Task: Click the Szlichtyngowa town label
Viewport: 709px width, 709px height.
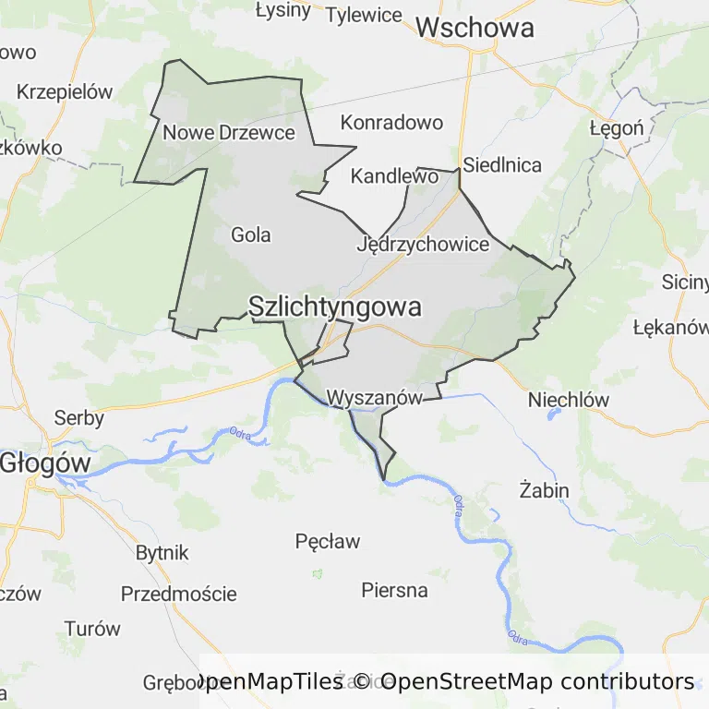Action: click(335, 307)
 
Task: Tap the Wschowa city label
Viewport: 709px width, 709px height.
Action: click(475, 28)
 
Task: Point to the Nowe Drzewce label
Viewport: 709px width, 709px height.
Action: click(229, 133)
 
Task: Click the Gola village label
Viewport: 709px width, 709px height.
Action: click(251, 235)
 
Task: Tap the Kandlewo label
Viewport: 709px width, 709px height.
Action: click(394, 175)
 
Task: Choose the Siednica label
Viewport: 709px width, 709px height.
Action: click(502, 166)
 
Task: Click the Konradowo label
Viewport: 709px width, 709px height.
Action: click(391, 123)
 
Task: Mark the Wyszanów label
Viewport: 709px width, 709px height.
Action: click(375, 399)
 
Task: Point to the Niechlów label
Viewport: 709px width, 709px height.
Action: click(569, 400)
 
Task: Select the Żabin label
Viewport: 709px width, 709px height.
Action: click(544, 489)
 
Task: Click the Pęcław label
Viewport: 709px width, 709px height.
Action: click(328, 541)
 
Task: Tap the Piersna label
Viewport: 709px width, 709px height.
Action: click(394, 590)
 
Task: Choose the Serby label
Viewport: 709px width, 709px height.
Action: click(79, 417)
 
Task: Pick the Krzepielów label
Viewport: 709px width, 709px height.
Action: click(65, 92)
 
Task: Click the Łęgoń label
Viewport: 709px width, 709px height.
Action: click(617, 128)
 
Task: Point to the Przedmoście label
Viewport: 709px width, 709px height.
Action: click(178, 594)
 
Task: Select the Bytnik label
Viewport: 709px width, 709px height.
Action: click(162, 553)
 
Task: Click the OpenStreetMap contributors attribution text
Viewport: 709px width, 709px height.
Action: click(537, 681)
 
